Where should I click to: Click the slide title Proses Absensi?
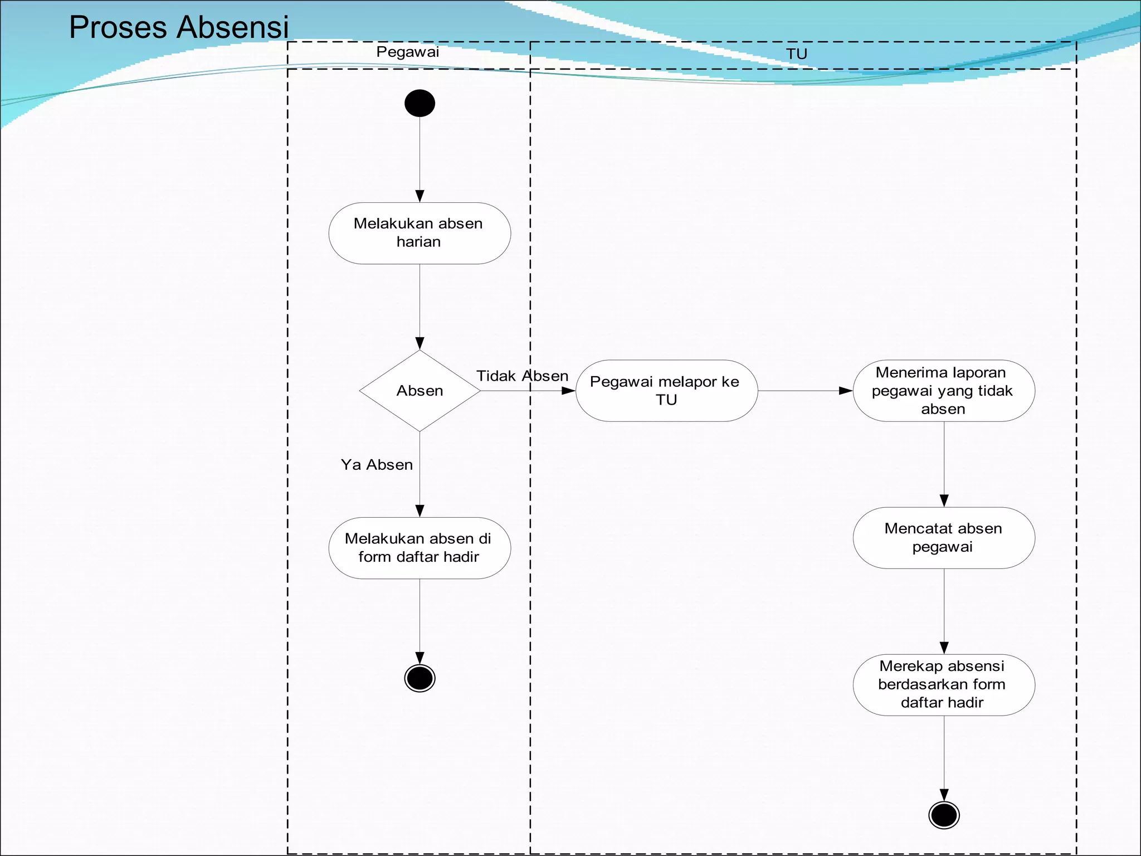[179, 27]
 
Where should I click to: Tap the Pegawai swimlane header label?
[408, 52]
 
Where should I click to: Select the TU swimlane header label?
[797, 54]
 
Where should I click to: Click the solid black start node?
[420, 104]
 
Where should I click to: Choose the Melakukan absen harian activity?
[420, 233]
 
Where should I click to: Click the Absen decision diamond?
[420, 391]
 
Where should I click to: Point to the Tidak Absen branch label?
[522, 376]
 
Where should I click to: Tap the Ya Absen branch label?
[377, 465]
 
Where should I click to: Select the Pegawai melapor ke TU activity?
[666, 391]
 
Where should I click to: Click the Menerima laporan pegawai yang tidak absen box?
[944, 391]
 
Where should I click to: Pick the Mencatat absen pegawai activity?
[944, 538]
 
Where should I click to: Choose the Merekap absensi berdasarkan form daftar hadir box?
[944, 685]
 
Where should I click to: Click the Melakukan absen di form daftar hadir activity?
[420, 548]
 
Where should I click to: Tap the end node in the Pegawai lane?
[420, 678]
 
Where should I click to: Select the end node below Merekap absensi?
[944, 815]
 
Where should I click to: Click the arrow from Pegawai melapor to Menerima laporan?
[805, 391]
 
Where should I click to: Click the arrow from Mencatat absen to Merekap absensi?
[944, 611]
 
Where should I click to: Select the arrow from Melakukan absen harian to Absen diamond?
[420, 307]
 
